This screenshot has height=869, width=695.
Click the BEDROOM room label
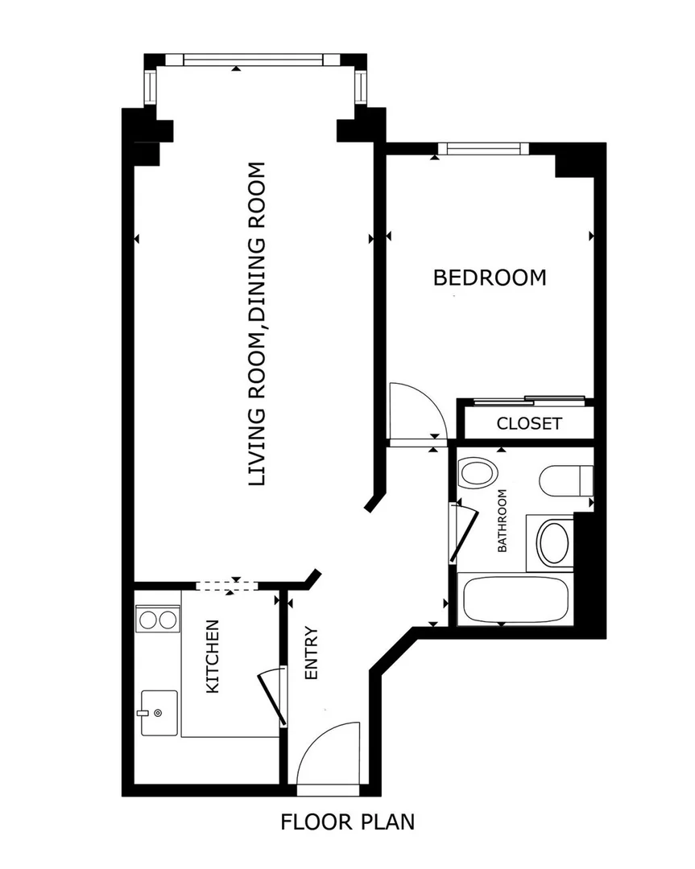click(490, 277)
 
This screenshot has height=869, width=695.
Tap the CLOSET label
click(528, 423)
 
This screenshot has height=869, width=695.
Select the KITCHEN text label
click(213, 657)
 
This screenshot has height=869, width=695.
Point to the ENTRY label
click(312, 653)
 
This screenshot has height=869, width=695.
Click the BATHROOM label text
click(502, 521)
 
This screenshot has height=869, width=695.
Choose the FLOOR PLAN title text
click(348, 822)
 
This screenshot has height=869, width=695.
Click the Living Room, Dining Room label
click(257, 324)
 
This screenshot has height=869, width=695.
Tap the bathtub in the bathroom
click(515, 599)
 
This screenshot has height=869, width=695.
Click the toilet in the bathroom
click(566, 481)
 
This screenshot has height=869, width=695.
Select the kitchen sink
click(159, 713)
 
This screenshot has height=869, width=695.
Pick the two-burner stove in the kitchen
click(158, 620)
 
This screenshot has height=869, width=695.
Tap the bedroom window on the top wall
click(483, 149)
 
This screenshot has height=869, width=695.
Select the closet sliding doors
click(529, 400)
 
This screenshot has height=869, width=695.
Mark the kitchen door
click(272, 696)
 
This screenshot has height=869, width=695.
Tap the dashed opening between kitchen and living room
click(227, 585)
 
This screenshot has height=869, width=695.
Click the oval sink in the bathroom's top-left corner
click(478, 473)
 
